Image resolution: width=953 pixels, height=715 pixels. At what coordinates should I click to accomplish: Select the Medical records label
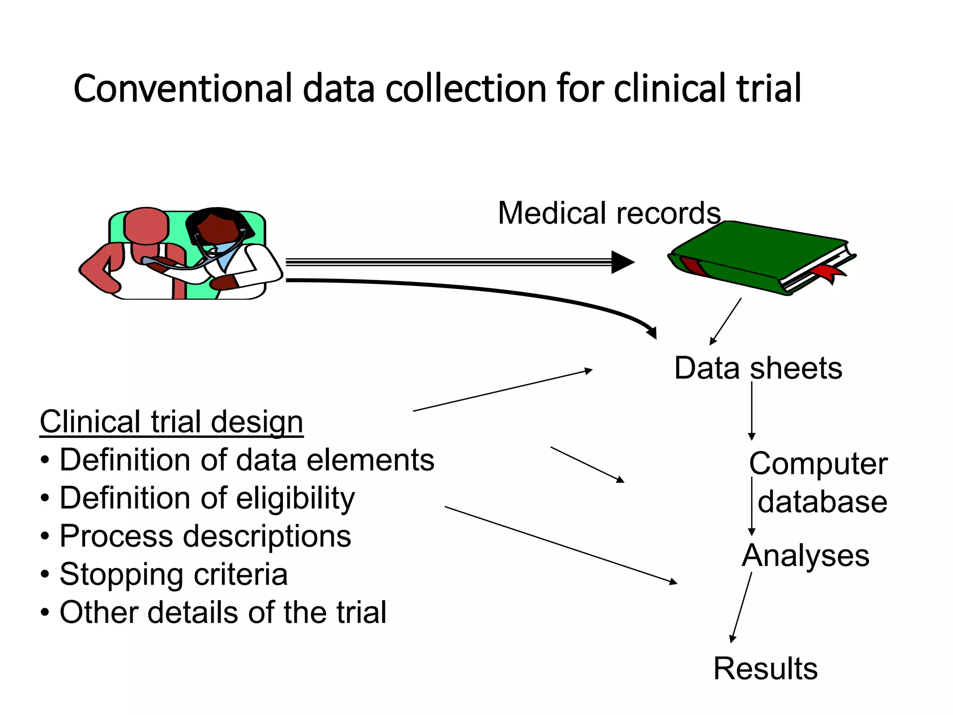coord(609,213)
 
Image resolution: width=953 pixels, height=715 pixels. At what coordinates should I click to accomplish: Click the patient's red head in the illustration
coord(146,226)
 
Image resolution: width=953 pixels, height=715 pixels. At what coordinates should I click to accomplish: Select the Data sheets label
coord(758,368)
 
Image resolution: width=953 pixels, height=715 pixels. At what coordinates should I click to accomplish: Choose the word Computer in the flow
coord(818,464)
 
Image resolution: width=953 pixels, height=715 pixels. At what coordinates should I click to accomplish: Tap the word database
coord(822,502)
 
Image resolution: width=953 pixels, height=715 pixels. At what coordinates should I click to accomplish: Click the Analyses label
coord(805,556)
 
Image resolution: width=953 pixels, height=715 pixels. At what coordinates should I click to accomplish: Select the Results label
coord(765,669)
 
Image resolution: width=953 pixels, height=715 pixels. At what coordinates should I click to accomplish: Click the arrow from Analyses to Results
coord(741,607)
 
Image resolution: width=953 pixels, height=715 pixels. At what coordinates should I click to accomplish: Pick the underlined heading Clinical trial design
coord(171,422)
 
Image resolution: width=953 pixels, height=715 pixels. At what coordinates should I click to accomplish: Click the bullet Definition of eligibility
coord(207,499)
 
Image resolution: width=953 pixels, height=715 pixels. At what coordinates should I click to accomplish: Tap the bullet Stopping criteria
coord(173,574)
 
